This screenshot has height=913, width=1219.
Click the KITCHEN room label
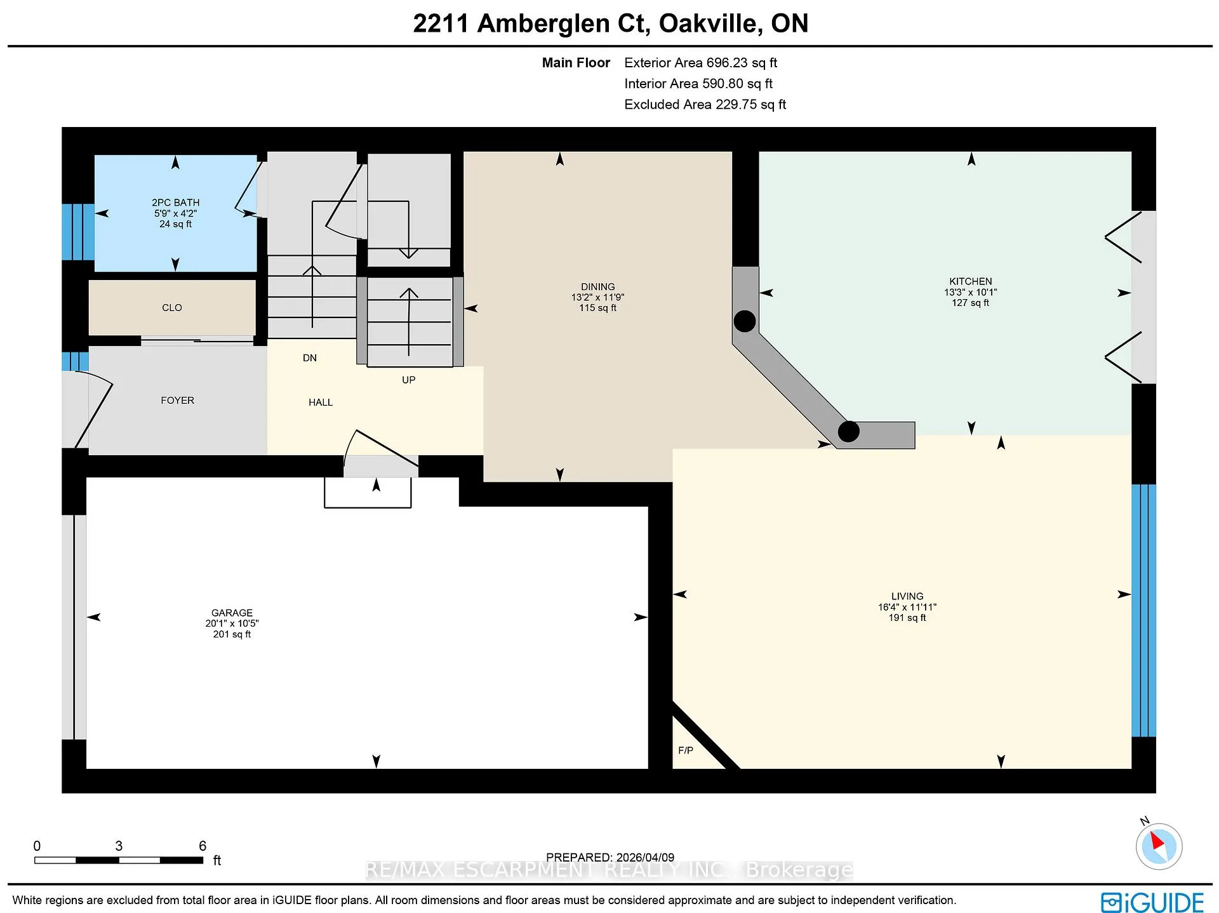tap(970, 281)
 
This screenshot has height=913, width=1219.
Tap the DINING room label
tap(597, 287)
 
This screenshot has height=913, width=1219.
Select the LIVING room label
tap(907, 596)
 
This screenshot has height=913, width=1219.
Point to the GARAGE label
tap(232, 613)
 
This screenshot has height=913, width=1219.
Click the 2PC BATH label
tap(175, 203)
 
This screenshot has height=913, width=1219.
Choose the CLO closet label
tap(172, 308)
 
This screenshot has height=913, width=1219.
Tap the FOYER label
tap(177, 401)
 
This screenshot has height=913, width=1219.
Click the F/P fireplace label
tap(686, 750)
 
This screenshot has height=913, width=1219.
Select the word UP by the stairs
tap(408, 380)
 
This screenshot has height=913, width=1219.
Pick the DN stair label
tap(310, 358)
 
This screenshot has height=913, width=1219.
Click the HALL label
tap(321, 403)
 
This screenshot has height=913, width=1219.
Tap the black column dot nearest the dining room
tap(745, 321)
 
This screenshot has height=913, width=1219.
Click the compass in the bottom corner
tap(1159, 846)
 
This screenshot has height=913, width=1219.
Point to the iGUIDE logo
tap(1152, 902)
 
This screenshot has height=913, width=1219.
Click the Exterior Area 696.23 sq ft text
tap(700, 63)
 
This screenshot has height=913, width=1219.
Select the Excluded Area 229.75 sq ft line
tap(705, 105)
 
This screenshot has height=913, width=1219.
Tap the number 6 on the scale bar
tap(203, 846)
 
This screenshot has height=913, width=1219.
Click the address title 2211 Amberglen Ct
tap(531, 23)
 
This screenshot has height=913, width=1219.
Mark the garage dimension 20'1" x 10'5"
tap(232, 623)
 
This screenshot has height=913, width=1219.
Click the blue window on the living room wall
tap(1144, 610)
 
